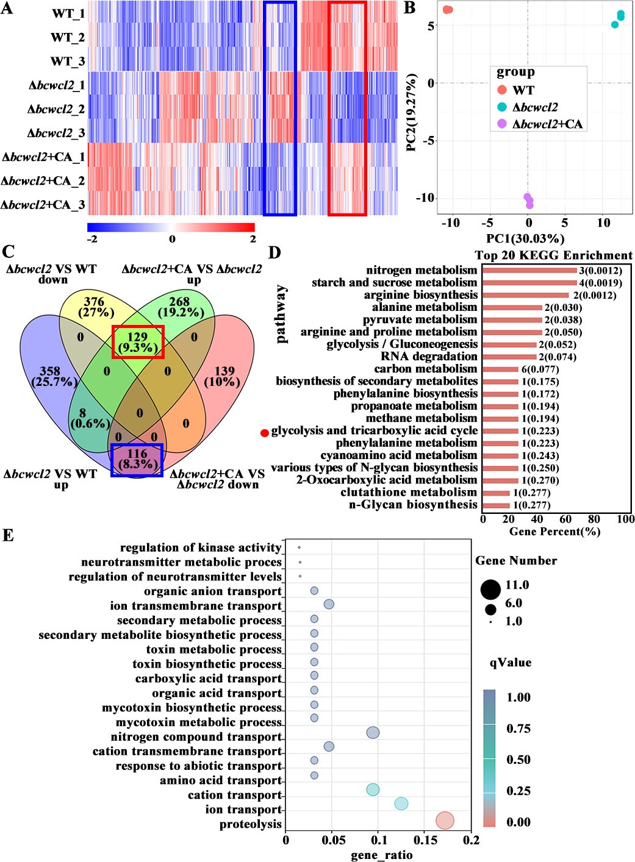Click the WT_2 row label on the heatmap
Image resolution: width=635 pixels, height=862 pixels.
(67, 37)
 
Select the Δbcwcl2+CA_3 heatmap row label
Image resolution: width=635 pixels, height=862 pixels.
(43, 205)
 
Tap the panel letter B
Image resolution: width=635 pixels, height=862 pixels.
(410, 8)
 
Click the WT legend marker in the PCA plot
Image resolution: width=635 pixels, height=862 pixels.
(502, 90)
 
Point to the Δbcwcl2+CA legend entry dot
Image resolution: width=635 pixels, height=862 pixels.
(502, 124)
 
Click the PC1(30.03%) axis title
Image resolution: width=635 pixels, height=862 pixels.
(525, 238)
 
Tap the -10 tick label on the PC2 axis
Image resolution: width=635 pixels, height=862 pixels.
(425, 198)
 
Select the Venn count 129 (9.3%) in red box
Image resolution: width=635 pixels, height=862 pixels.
(138, 342)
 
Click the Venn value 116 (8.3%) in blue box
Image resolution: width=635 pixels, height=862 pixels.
(137, 459)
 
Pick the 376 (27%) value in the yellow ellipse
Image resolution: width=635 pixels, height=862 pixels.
(94, 307)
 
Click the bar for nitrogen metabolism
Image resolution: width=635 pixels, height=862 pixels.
(529, 271)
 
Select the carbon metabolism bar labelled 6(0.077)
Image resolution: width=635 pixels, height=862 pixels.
(500, 369)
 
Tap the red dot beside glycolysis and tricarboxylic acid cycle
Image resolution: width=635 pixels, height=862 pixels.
(265, 433)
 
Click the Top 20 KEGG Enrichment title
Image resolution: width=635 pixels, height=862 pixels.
(553, 255)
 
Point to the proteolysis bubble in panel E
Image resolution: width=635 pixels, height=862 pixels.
(445, 821)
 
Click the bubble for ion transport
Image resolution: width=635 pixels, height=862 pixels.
(401, 803)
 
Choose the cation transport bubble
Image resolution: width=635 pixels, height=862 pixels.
(373, 789)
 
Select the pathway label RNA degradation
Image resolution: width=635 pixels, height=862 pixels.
(429, 357)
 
